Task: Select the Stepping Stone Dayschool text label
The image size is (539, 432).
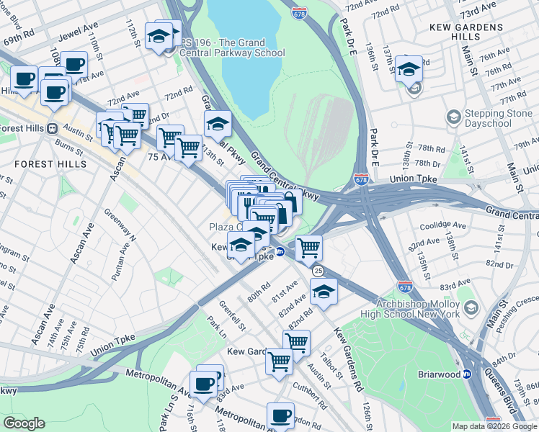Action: click(x=497, y=119)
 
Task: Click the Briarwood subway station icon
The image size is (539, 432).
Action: click(x=467, y=374)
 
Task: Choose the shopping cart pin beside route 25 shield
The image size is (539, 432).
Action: click(x=308, y=248)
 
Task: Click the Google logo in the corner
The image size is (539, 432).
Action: click(x=24, y=423)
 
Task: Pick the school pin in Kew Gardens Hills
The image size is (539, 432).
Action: click(x=409, y=71)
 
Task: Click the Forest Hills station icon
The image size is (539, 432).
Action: click(x=52, y=128)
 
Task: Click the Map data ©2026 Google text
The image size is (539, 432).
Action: click(x=494, y=426)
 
